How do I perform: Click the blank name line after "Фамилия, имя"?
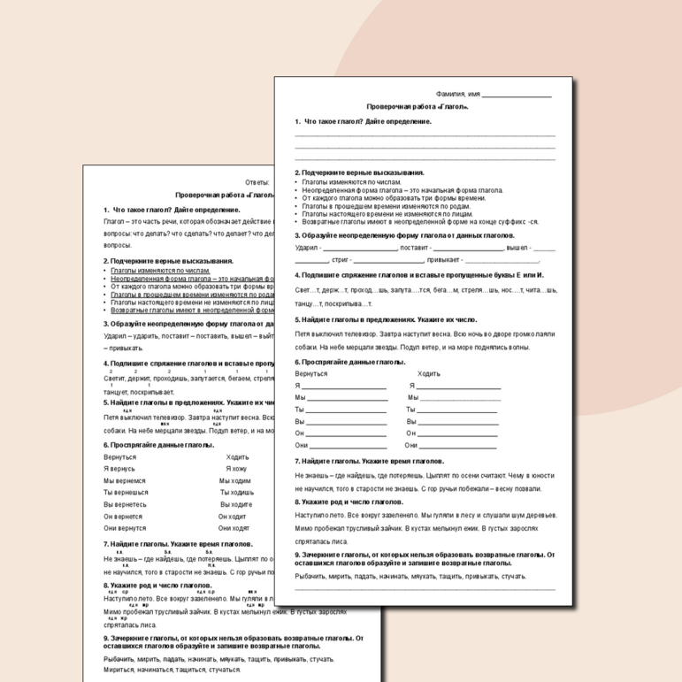[x=517, y=95]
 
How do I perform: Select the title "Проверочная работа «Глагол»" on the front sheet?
[x=418, y=106]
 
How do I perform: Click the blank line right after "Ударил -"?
[x=359, y=249]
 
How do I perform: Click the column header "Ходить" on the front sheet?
[x=429, y=373]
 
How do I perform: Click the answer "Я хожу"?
[x=236, y=469]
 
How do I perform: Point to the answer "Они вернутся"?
[x=125, y=528]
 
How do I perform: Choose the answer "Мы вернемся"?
[x=126, y=480]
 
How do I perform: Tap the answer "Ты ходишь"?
[x=237, y=493]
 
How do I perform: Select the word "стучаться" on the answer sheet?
[x=224, y=671]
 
